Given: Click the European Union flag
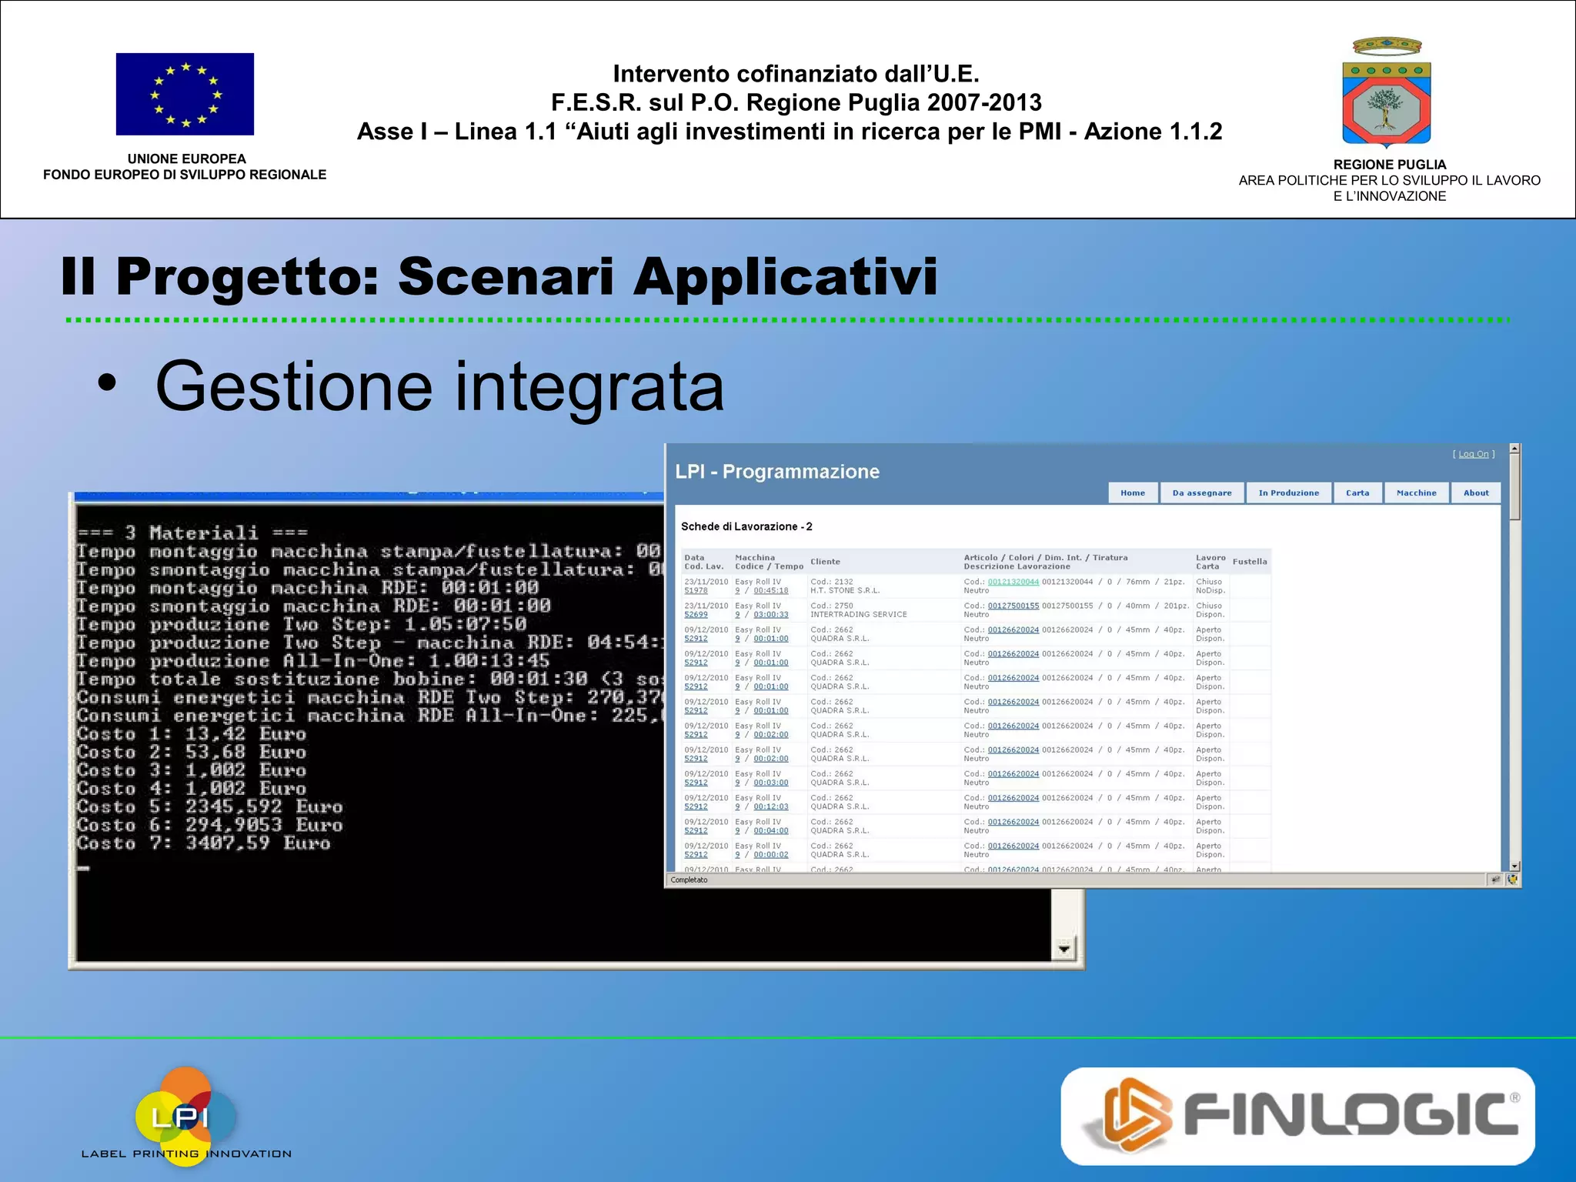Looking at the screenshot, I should [185, 94].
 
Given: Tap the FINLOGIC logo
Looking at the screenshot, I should [1297, 1116].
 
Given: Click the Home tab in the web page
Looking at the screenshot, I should [1133, 493].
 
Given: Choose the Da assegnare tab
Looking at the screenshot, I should [1202, 493].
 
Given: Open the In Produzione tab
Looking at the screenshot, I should [1288, 493].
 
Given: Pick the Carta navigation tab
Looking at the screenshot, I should [1357, 493].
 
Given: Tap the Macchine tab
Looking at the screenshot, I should [1417, 493].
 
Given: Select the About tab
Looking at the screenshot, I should [1476, 493].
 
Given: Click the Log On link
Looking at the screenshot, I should [1474, 454].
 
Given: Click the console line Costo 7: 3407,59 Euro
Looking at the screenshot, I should [204, 843].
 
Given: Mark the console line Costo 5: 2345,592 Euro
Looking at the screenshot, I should [209, 807].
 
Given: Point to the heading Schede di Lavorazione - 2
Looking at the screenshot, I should [746, 526].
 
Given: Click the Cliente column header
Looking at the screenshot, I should [825, 562].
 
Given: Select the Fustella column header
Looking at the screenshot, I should [1250, 562].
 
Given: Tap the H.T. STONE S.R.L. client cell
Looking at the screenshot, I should [845, 591].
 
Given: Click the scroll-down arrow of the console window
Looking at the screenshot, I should [1063, 949].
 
